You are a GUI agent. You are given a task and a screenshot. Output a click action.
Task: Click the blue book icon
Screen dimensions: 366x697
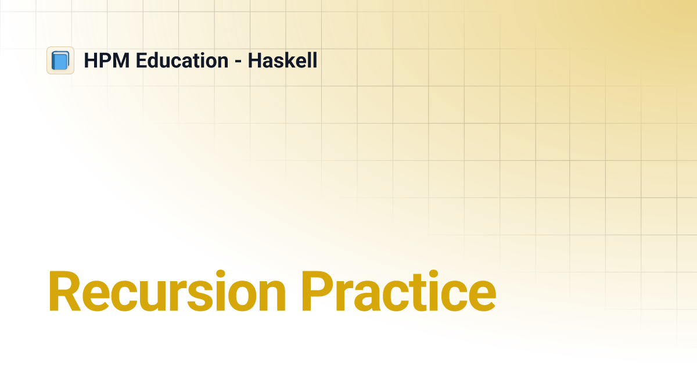[x=60, y=60]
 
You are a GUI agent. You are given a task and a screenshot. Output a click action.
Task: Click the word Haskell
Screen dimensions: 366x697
[x=282, y=60]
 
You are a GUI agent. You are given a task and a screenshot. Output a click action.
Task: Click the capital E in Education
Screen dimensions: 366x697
[x=141, y=60]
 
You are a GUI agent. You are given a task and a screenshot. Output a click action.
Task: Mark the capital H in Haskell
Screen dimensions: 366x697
[x=254, y=60]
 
